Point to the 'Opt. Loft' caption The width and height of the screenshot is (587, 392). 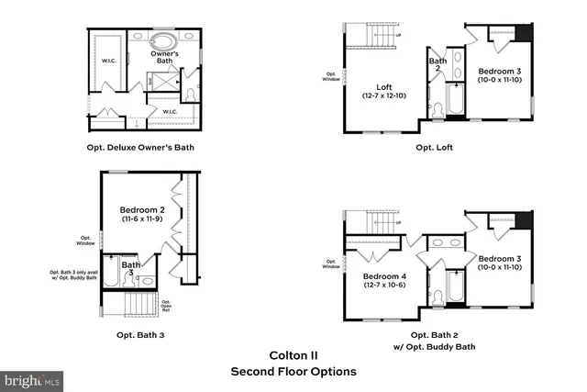434,147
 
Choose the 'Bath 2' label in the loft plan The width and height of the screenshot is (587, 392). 437,65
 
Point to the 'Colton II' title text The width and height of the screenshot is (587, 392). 293,354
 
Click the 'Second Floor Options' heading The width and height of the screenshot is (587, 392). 293,372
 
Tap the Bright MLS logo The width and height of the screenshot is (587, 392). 33,378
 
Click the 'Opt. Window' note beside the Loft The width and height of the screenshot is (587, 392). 330,77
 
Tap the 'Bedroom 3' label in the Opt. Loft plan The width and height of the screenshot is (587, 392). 500,71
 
